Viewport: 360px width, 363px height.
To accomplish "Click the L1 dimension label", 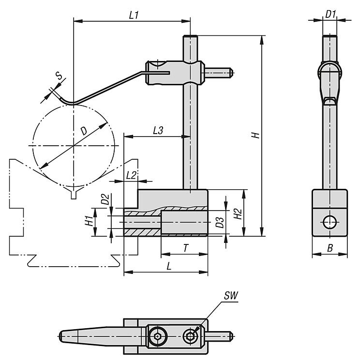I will click(134, 15).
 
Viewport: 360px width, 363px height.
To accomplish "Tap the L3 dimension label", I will click(158, 130).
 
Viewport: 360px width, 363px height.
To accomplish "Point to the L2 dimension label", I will click(131, 175).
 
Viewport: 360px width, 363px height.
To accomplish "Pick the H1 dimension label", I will click(89, 221).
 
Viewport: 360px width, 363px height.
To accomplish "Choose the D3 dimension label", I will click(219, 222).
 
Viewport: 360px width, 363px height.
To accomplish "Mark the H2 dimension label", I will click(237, 213).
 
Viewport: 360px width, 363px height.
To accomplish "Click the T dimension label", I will click(185, 248).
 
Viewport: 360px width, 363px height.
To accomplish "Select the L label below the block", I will click(168, 266).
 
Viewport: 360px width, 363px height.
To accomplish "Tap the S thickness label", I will click(58, 76).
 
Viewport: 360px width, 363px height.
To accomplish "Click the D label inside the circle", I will click(84, 130).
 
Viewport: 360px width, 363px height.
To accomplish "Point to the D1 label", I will click(330, 15).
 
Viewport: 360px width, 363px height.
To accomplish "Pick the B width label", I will click(330, 248).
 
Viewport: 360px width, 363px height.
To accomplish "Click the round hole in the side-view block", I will click(330, 222).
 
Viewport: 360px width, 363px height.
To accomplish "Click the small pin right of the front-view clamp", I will click(219, 74).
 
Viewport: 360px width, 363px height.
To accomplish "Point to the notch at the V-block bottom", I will click(74, 195).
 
